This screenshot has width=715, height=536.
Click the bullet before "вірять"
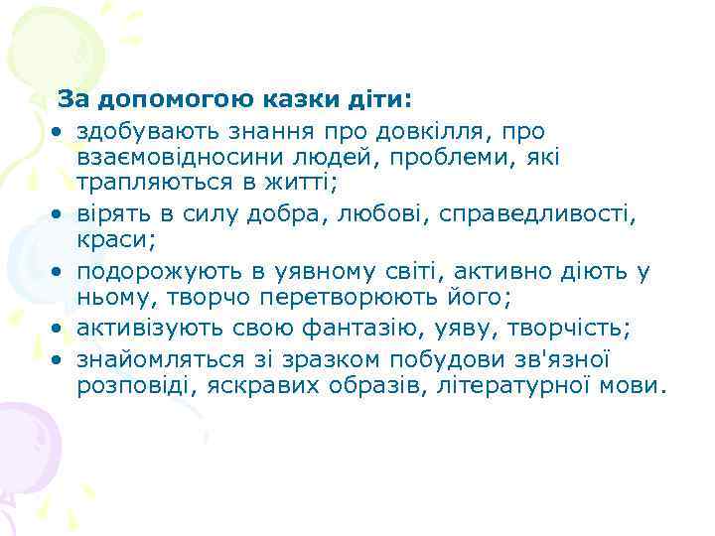pos(61,214)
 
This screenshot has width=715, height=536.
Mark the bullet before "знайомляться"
pos(61,358)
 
